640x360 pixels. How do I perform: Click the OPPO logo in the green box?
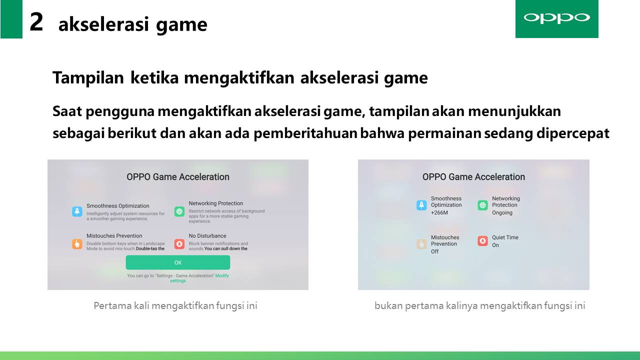click(x=556, y=17)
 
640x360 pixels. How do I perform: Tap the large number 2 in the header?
click(x=36, y=22)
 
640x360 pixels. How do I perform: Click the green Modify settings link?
click(x=199, y=278)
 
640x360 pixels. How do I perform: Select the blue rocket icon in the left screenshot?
click(x=77, y=211)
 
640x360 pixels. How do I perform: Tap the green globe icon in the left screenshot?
click(x=179, y=211)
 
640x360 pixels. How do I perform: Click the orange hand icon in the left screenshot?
click(x=77, y=244)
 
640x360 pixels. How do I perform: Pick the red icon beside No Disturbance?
click(x=179, y=244)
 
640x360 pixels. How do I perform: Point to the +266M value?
click(x=439, y=212)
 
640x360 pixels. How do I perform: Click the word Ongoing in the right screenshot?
click(x=502, y=213)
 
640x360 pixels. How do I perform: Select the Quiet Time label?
click(x=505, y=237)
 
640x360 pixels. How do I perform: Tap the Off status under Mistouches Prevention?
click(x=435, y=251)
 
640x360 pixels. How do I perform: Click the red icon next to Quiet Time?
click(x=483, y=241)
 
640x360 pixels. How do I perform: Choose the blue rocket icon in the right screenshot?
click(x=421, y=205)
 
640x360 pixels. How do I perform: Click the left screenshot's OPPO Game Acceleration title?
click(x=178, y=177)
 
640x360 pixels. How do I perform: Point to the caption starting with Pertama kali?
click(x=175, y=306)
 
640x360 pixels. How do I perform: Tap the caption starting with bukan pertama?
click(x=480, y=306)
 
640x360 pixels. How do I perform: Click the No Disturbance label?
click(x=207, y=235)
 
